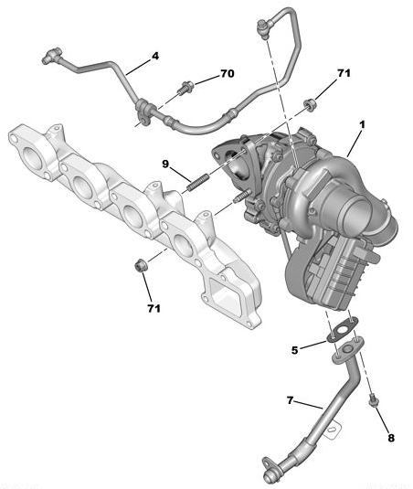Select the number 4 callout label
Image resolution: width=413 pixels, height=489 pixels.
(x=155, y=56)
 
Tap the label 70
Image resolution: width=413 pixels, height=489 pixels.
(x=227, y=73)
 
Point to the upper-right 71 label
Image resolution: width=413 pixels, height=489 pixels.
(x=344, y=73)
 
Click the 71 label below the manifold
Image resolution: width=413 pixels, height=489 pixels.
(x=154, y=308)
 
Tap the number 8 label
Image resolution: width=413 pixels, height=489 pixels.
(x=391, y=438)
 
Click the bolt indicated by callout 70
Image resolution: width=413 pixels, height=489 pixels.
(x=186, y=89)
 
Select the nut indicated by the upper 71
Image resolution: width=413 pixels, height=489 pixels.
(x=310, y=105)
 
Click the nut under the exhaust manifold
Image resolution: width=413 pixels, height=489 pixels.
(x=140, y=266)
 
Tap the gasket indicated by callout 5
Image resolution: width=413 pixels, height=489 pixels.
(x=345, y=329)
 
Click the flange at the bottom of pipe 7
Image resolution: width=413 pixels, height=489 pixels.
(x=271, y=468)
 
